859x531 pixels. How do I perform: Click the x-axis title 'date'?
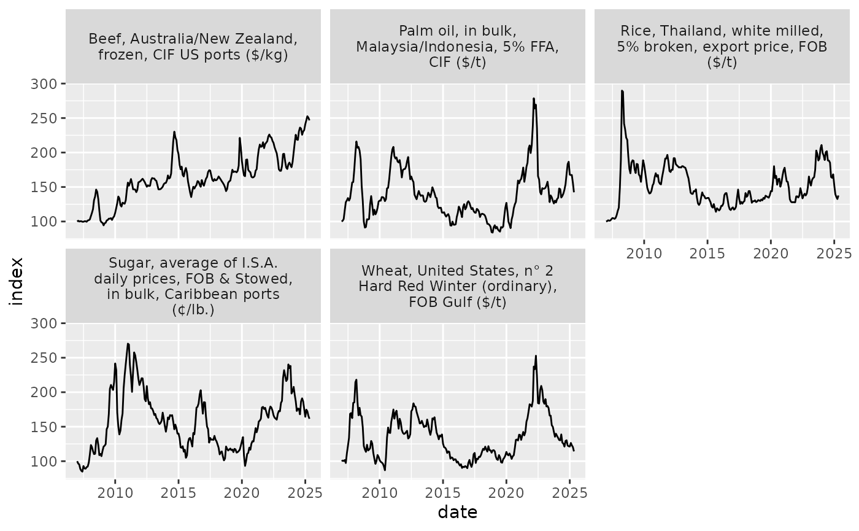[x=457, y=511]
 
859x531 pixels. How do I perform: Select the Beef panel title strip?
[x=193, y=47]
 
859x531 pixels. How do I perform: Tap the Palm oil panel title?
[x=457, y=47]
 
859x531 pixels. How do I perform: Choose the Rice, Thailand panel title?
[x=722, y=47]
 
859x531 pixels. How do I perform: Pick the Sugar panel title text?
[x=193, y=286]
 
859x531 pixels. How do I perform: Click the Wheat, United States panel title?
[x=457, y=286]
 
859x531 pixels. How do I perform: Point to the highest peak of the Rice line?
[x=622, y=91]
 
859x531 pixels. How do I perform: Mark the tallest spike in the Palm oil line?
[x=534, y=98]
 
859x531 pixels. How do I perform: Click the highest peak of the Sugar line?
[x=128, y=344]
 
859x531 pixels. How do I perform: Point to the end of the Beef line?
[x=309, y=119]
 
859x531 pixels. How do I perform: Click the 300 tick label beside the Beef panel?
[x=44, y=83]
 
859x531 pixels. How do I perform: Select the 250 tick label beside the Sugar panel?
[x=44, y=357]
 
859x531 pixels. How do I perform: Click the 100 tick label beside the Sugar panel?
[x=44, y=461]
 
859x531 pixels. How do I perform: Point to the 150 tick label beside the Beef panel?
[x=44, y=187]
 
